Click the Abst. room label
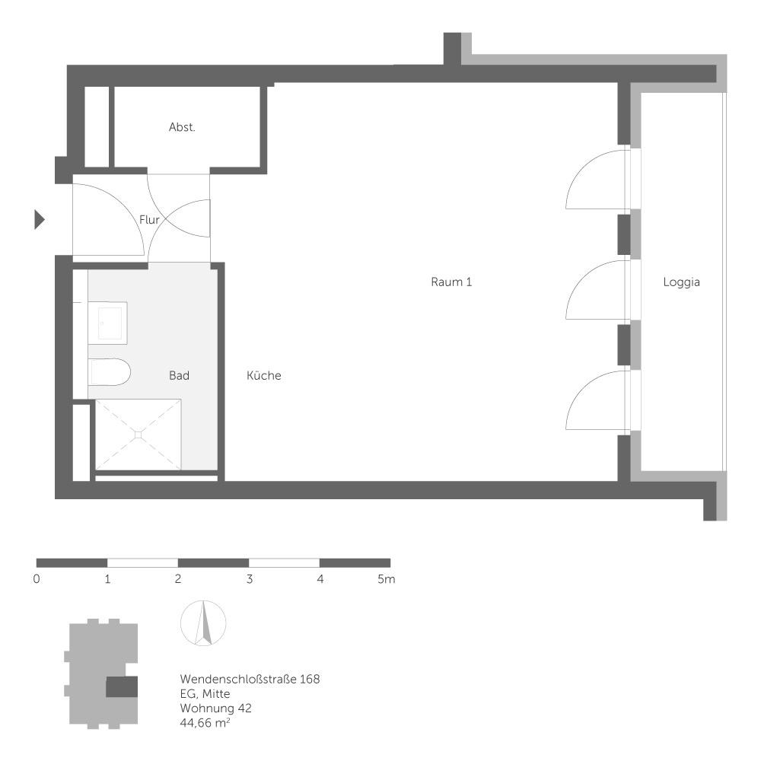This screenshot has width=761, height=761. coord(182,128)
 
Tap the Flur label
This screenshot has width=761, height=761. coord(149,220)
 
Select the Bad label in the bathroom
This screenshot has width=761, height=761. coord(179,376)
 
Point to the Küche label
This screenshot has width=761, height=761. coord(264,376)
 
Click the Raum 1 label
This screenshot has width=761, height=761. coord(451,282)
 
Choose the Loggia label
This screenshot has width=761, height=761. coord(681,282)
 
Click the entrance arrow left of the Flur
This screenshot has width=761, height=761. coord(40,220)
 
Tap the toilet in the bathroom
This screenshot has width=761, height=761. coord(110,372)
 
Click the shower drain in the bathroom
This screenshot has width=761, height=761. coord(138,435)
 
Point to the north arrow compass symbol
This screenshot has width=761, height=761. coord(203,623)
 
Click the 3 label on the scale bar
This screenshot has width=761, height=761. coord(249,580)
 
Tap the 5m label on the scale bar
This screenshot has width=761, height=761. coord(387,580)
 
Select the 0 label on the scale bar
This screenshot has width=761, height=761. coord(37,580)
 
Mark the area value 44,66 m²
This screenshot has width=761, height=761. coord(205,723)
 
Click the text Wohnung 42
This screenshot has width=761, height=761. coord(215,708)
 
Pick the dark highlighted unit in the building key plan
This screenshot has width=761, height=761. coord(121,687)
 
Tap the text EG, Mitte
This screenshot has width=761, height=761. coord(205,694)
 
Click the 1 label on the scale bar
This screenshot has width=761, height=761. coord(108,580)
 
